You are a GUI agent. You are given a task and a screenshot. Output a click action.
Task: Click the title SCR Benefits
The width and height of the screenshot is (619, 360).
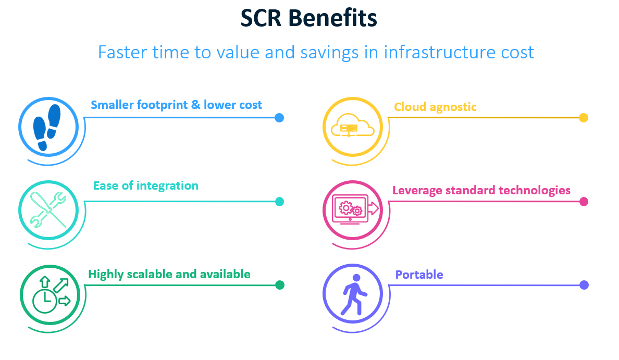[x=308, y=18]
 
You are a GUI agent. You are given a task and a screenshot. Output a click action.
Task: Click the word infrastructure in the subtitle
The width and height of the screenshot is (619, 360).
[x=439, y=52]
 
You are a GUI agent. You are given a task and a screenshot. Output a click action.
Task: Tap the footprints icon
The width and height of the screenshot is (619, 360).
[x=47, y=127]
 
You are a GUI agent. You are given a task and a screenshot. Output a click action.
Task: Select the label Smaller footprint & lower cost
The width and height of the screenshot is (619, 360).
[x=177, y=105]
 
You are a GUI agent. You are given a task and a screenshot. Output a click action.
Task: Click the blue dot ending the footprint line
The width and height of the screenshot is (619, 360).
[x=279, y=118]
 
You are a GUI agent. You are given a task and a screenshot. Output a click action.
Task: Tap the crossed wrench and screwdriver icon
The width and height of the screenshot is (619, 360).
[x=48, y=210]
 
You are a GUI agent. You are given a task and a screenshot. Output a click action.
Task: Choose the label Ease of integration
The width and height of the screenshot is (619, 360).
[x=146, y=186]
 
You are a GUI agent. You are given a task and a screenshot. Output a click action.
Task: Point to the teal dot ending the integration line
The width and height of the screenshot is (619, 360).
[x=279, y=202]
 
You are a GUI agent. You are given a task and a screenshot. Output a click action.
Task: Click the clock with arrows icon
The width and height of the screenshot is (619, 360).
[x=51, y=295]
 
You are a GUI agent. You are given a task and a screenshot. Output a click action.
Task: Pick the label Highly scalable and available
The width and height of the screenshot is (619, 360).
[x=169, y=275]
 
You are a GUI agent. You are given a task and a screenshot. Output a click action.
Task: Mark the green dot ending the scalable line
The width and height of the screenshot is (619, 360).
[x=279, y=285]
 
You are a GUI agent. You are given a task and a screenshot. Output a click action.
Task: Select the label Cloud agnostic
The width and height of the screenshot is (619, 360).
[x=436, y=107]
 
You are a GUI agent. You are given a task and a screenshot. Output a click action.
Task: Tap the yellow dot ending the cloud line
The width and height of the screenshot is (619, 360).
[x=584, y=118]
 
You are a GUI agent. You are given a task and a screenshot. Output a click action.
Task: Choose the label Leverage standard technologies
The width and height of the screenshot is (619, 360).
[x=481, y=191]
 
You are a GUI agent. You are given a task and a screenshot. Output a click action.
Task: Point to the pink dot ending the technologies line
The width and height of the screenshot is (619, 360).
[x=584, y=202]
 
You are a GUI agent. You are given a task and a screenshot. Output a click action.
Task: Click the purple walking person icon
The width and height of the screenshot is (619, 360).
[x=354, y=294]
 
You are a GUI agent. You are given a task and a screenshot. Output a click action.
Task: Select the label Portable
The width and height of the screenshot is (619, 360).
[x=419, y=275]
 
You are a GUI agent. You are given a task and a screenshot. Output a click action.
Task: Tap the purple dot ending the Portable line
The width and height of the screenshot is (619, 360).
[x=584, y=285]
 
